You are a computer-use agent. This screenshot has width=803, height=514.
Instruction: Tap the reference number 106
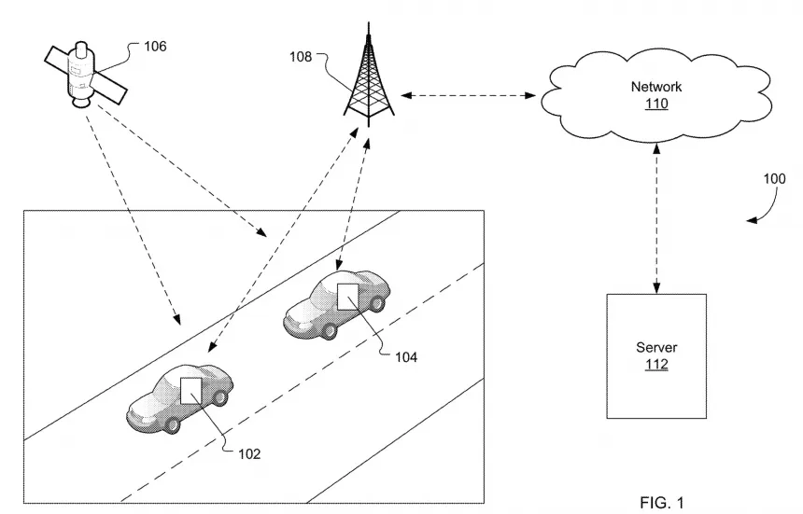(x=155, y=46)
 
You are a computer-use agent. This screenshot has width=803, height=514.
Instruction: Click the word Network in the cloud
(x=656, y=87)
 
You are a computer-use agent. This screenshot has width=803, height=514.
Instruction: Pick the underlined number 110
(x=656, y=104)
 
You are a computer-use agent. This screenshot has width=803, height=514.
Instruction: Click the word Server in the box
(x=656, y=347)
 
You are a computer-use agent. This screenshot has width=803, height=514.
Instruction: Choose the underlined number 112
(x=656, y=364)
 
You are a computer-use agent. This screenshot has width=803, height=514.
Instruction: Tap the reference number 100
(x=774, y=179)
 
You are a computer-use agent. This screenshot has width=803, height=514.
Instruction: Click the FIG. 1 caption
(x=660, y=503)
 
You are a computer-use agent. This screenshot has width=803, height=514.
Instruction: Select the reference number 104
(x=405, y=356)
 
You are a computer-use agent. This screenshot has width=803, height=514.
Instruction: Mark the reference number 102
(x=248, y=454)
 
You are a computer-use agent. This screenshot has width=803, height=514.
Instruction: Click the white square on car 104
(x=348, y=297)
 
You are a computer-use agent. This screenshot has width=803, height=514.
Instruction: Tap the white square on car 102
(x=192, y=390)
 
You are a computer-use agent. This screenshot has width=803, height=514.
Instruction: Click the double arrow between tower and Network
(x=467, y=94)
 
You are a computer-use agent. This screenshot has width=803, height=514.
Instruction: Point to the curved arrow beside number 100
(x=761, y=215)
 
